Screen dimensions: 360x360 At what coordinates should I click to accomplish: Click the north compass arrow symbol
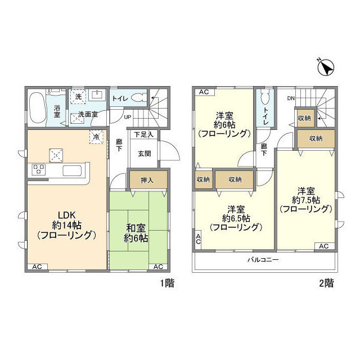[326, 68]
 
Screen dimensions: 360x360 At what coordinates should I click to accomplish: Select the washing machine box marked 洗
[78, 96]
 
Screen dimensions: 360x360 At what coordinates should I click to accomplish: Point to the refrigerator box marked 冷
[96, 136]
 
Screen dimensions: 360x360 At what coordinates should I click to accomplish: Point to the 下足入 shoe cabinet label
[144, 135]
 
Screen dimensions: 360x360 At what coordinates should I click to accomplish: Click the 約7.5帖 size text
[307, 199]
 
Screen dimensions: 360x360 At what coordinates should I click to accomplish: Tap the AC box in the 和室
[159, 266]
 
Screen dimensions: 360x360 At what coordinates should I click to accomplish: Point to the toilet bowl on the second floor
[265, 99]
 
